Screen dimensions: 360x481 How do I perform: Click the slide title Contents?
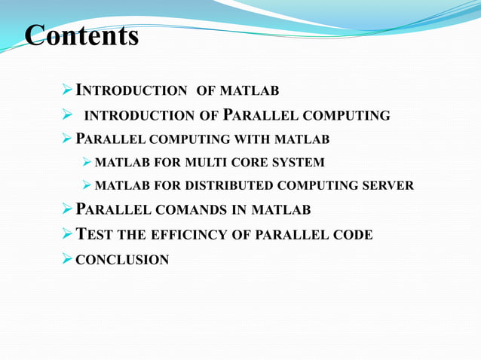pyautogui.click(x=82, y=35)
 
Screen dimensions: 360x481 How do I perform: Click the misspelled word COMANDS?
pyautogui.click(x=203, y=209)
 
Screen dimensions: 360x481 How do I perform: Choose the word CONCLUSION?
pyautogui.click(x=122, y=260)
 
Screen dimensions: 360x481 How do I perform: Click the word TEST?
pyautogui.click(x=93, y=235)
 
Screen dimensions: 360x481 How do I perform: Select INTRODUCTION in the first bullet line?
pyautogui.click(x=132, y=92)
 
